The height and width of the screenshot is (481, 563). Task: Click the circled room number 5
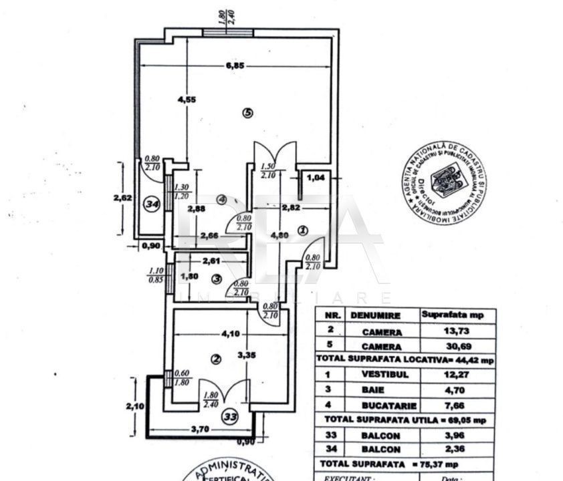[x=247, y=113]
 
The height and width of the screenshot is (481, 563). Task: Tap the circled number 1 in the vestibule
[x=302, y=230]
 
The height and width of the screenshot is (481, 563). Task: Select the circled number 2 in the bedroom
[x=215, y=359]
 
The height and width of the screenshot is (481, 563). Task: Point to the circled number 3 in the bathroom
[x=216, y=279]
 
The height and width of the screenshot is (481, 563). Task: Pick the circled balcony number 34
[x=152, y=206]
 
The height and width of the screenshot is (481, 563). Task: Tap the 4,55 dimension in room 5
[x=187, y=100]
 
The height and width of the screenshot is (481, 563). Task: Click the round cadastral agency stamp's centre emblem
[x=443, y=178]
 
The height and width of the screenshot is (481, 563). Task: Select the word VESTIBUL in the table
[x=382, y=375]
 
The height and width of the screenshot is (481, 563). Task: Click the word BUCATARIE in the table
[x=382, y=405]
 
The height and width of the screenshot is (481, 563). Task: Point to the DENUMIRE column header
[x=378, y=315]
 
